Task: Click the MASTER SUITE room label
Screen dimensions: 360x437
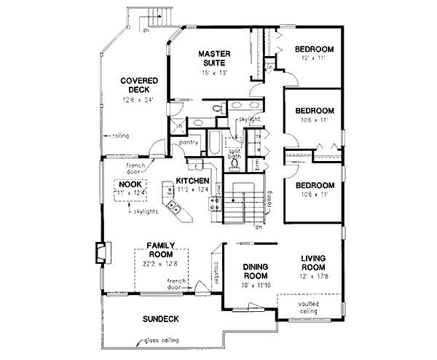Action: tap(216, 58)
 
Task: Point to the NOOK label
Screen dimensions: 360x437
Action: tap(131, 184)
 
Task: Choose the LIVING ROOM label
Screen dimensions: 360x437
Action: tap(315, 262)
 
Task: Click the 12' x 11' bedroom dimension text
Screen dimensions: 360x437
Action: tap(313, 58)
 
